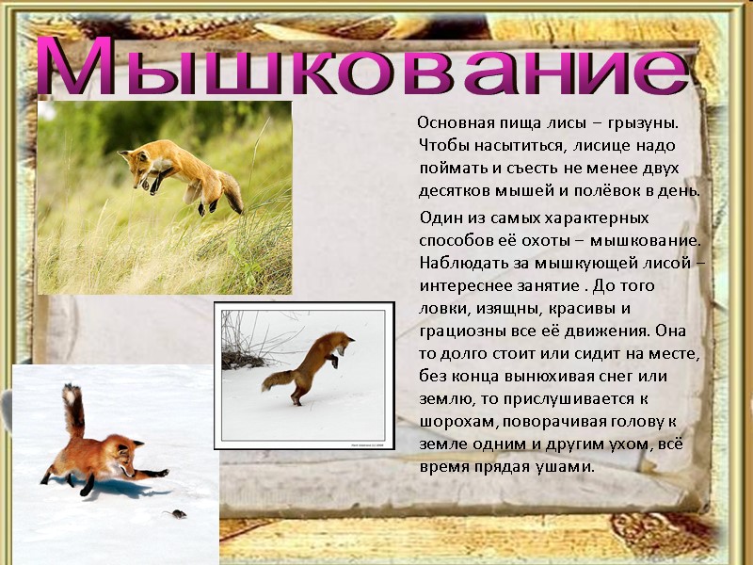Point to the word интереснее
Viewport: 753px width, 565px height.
464,285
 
